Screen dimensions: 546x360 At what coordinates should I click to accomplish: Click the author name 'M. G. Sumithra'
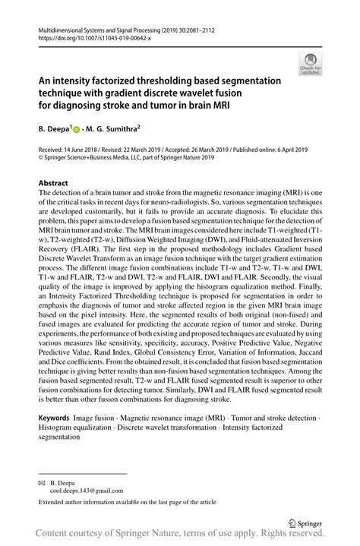click(x=118, y=129)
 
